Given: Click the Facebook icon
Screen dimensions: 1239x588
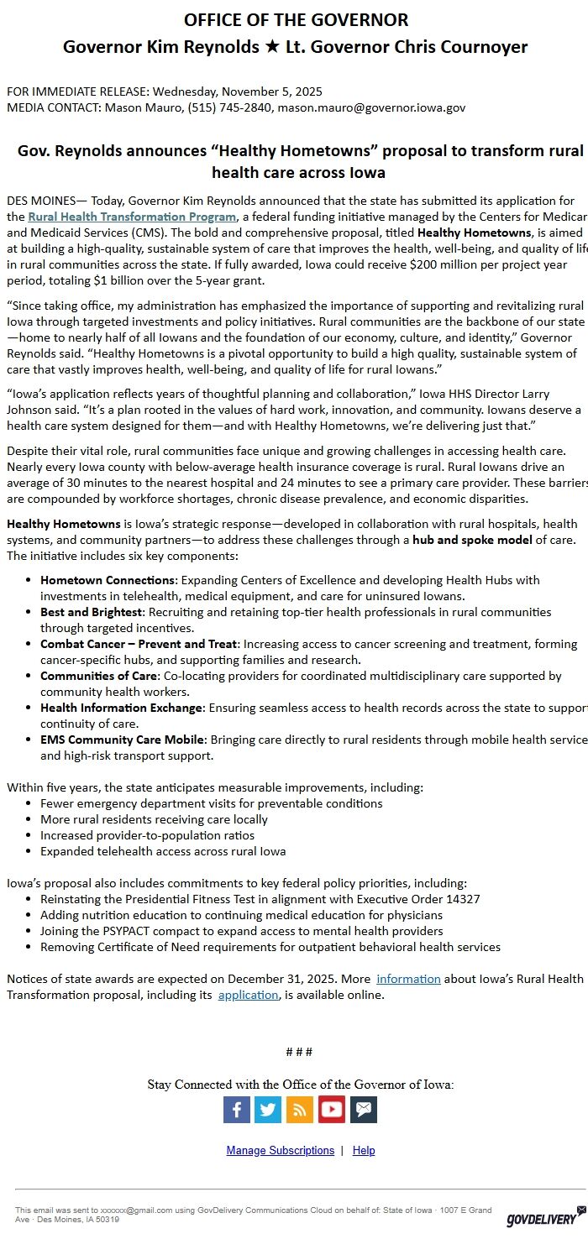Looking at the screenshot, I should [x=236, y=1109].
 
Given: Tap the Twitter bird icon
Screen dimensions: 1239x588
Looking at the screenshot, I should [x=268, y=1109].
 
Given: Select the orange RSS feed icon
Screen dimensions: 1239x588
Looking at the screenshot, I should [x=299, y=1109].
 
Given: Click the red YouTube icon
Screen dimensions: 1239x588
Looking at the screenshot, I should [x=331, y=1109].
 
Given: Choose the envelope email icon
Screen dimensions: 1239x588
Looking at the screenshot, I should [x=363, y=1109].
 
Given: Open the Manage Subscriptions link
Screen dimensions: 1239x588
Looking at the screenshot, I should [x=280, y=1150].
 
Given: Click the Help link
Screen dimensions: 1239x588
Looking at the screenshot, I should [x=364, y=1150].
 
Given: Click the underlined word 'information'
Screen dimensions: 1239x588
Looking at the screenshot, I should [x=408, y=979].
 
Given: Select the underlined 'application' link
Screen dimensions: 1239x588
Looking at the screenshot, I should [x=248, y=995].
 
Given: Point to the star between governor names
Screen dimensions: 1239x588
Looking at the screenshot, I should [x=272, y=47].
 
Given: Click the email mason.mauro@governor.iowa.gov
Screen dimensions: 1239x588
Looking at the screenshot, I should [x=371, y=107].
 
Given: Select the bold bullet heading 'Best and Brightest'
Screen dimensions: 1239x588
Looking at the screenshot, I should [x=92, y=612].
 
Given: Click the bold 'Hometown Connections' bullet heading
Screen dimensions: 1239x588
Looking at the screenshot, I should [x=108, y=580].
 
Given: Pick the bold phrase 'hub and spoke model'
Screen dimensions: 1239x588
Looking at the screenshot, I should [x=472, y=540].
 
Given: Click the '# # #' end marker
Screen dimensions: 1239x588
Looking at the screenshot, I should [x=299, y=1052].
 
